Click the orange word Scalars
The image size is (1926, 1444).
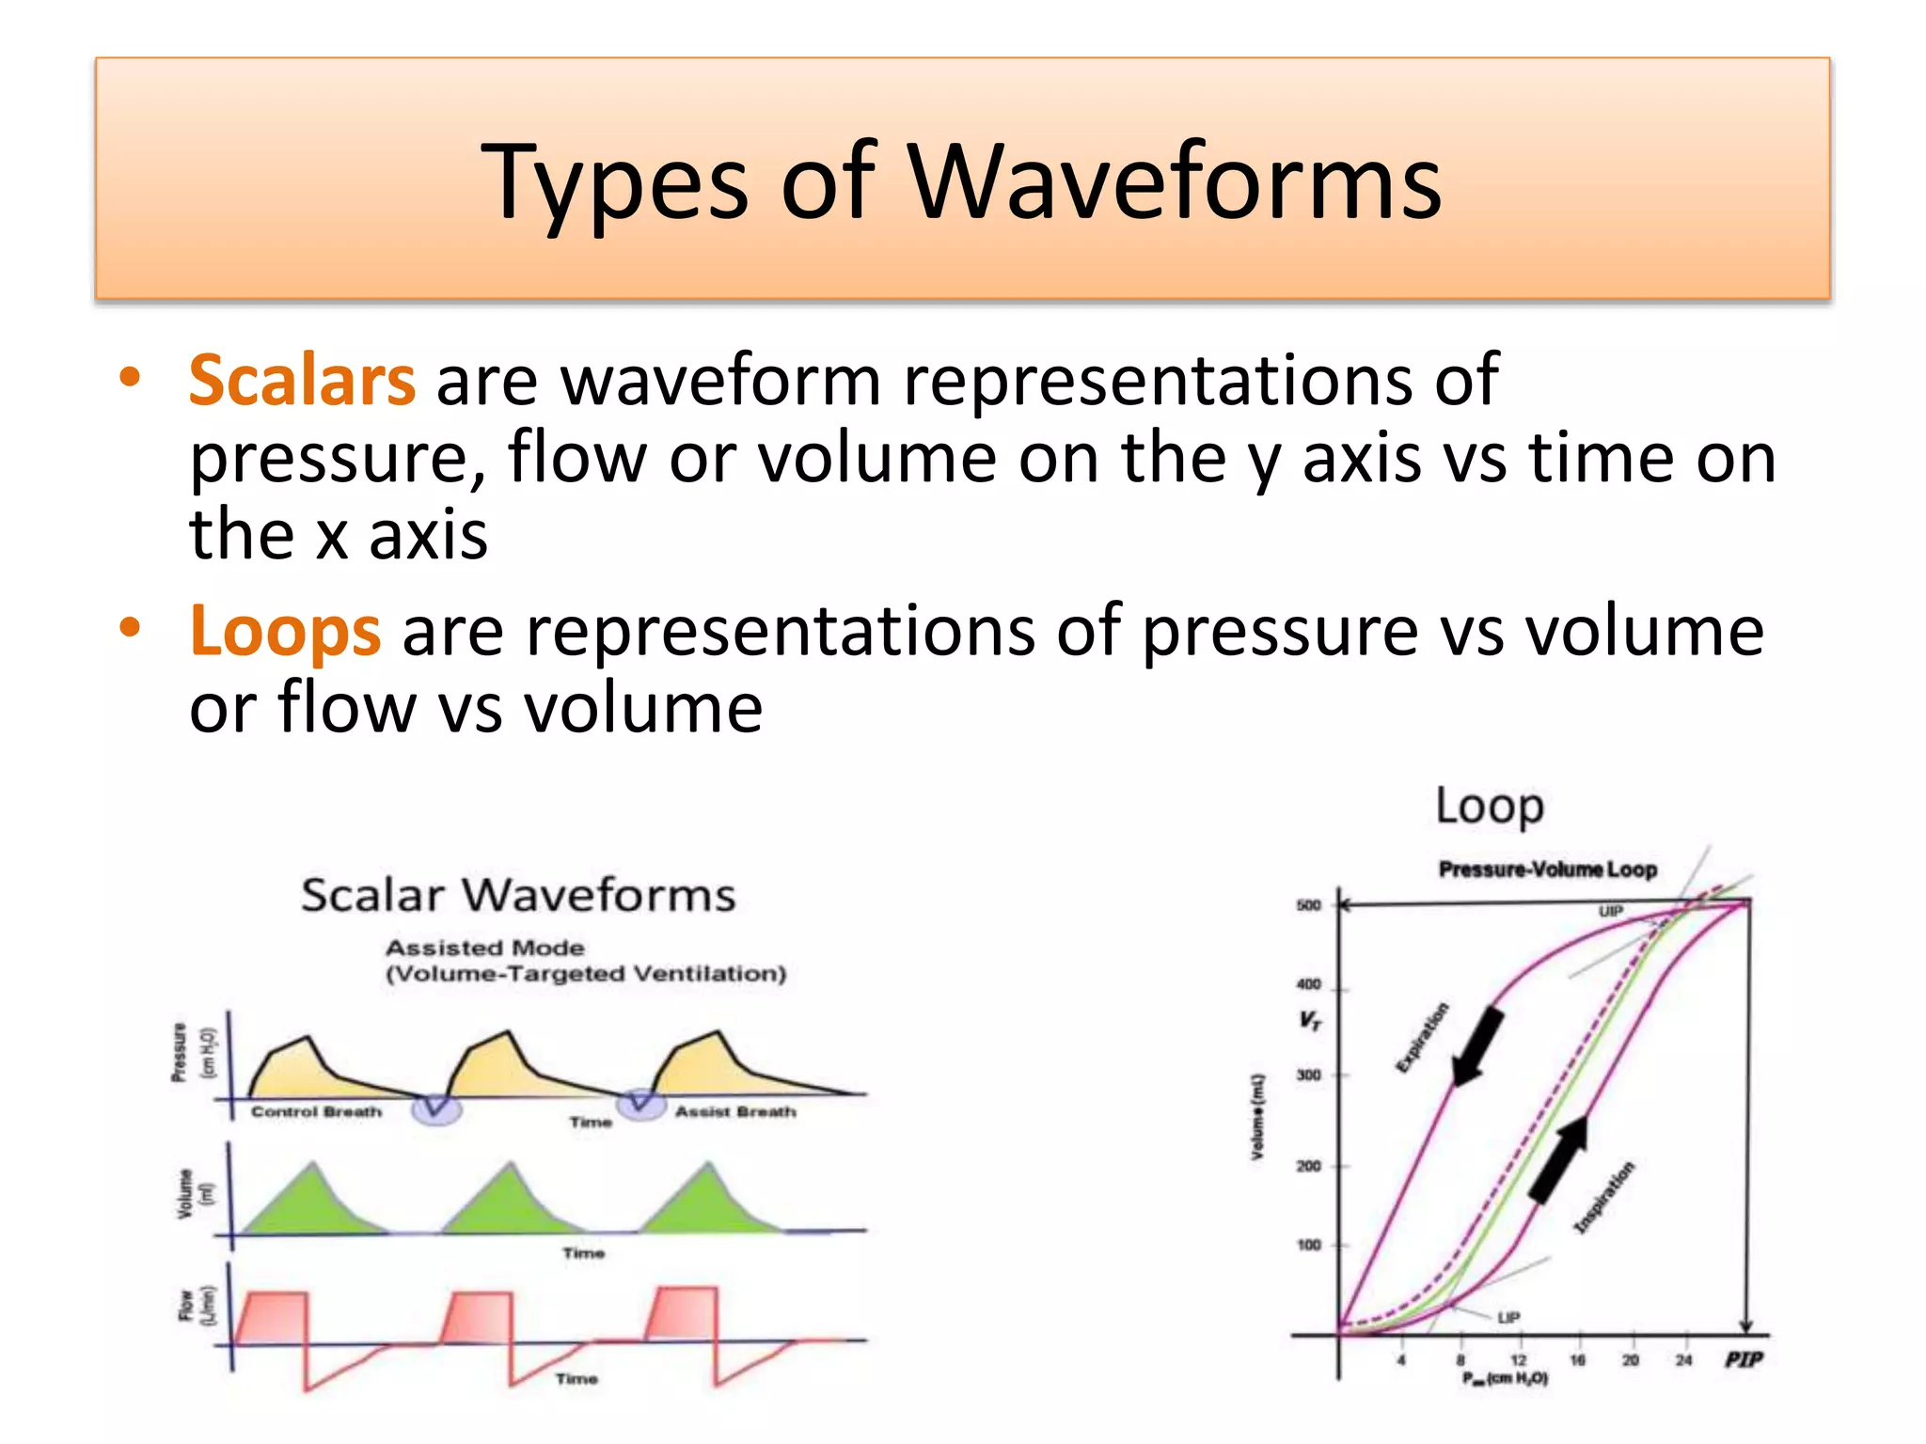302,381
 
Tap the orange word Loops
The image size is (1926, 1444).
285,631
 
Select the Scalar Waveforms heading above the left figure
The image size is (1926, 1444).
518,895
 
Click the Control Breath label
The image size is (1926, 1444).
317,1112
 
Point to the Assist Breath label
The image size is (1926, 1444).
735,1112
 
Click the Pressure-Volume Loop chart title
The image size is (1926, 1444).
1548,870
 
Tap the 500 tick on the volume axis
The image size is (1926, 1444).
1309,905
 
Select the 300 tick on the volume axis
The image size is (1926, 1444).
1309,1075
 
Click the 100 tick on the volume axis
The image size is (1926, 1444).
1309,1245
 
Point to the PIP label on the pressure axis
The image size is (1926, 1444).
1744,1360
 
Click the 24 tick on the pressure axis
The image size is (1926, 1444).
1683,1360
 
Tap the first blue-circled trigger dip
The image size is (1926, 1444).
436,1108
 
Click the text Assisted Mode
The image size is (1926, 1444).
484,948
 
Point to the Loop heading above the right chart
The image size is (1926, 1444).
1490,807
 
